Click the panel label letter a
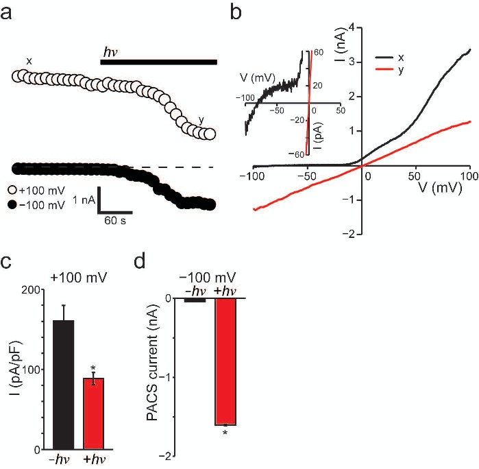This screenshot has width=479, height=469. pos(8,11)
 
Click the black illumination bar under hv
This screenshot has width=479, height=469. pos(158,62)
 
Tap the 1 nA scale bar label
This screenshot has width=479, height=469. pos(79,197)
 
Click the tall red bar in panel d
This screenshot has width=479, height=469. pos(232,361)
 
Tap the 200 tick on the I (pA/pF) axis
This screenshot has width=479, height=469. pos(29,290)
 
